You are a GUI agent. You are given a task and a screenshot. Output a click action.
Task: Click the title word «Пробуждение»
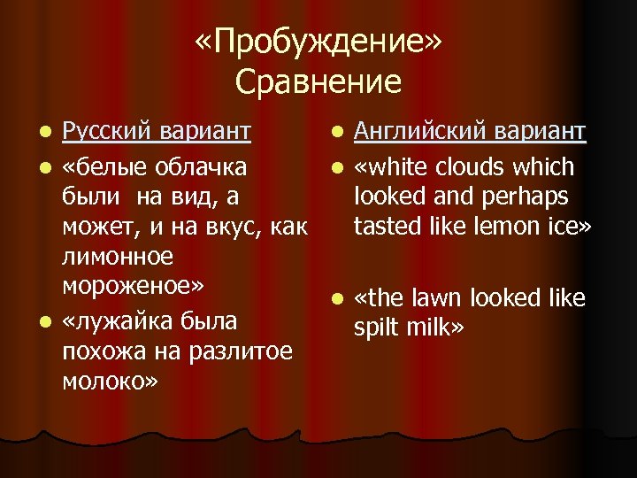pos(318,42)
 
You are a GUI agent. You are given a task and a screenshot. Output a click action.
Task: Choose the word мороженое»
pos(134,288)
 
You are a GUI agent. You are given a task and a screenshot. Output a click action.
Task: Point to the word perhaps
pos(529,197)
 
